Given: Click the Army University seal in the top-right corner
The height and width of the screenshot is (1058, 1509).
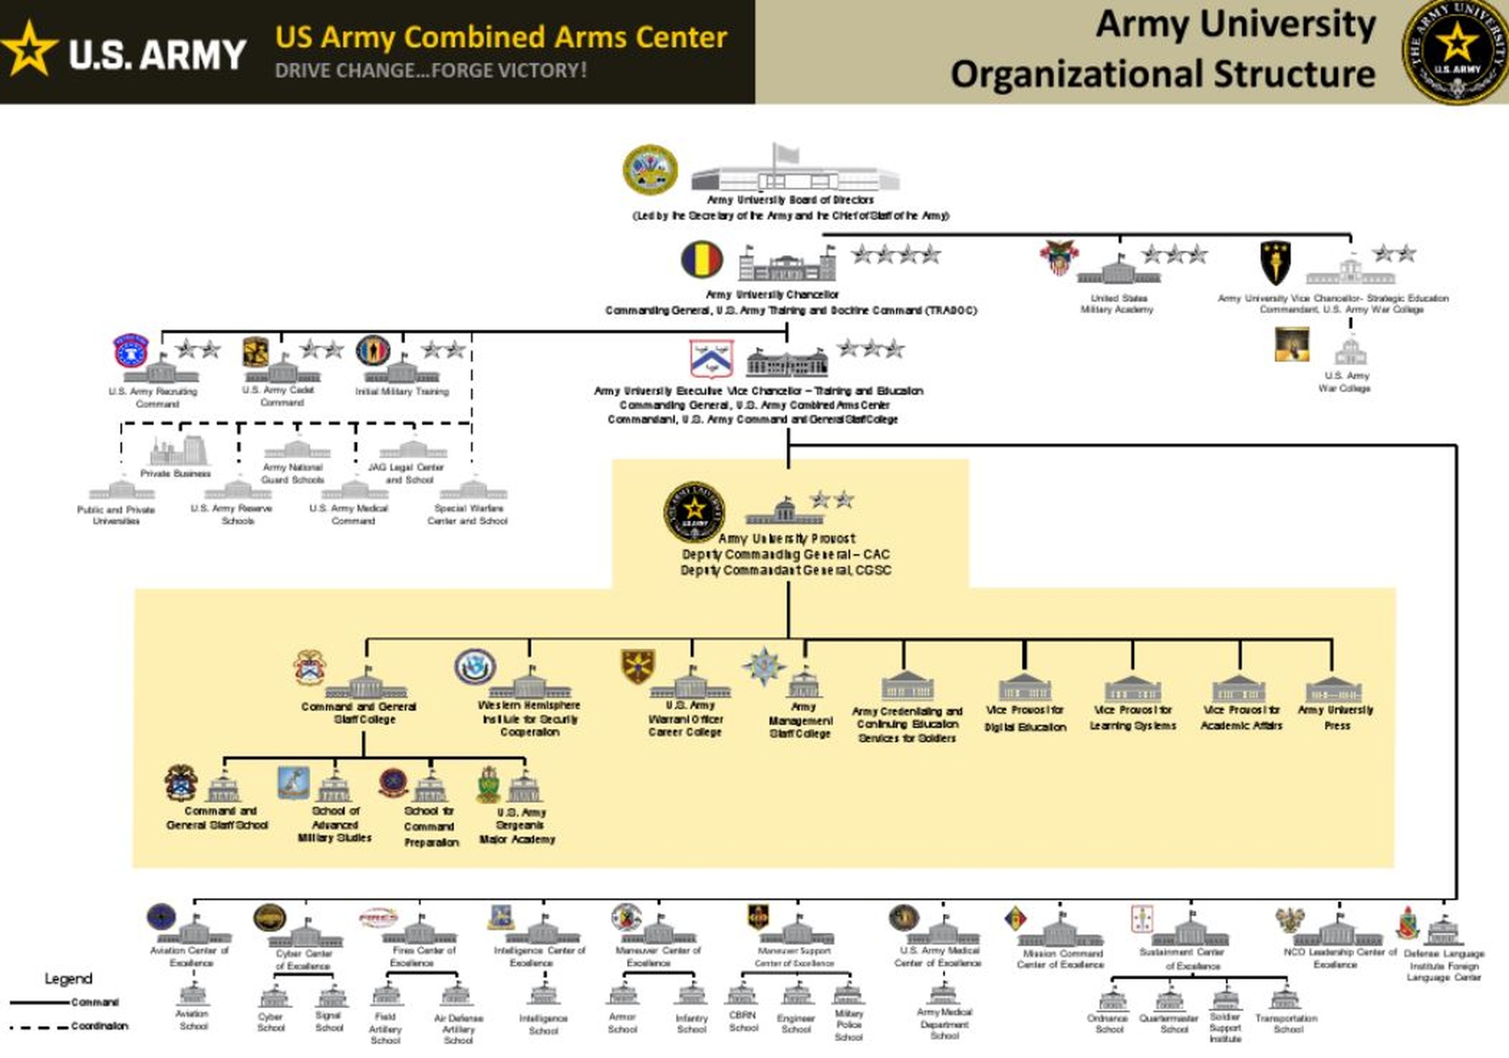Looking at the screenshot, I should point(1455,51).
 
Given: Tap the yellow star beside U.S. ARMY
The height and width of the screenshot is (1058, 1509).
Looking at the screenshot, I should point(29,50).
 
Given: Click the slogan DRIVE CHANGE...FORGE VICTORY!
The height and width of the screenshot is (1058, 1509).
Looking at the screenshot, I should point(430,71).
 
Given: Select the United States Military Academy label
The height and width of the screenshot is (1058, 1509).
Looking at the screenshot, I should point(1117,303).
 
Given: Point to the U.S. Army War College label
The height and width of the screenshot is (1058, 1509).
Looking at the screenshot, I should point(1345,382).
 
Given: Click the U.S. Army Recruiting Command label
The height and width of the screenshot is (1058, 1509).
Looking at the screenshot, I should point(154,398).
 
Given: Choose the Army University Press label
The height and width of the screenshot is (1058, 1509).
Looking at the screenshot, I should point(1335,717).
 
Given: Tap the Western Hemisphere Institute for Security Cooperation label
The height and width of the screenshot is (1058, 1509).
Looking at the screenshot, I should point(530,718).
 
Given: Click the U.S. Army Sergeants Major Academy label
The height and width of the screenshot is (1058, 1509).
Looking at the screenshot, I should point(518,826).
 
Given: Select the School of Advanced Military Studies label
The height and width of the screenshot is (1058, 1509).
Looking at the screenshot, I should point(335,824).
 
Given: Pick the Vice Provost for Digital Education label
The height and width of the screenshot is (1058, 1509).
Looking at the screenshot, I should point(1025,718).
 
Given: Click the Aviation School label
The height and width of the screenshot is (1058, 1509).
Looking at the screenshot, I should point(192,1020).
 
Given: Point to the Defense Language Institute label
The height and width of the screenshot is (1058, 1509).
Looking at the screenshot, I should point(1444,965).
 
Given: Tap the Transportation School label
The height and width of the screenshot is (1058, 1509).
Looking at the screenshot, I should point(1286,1023).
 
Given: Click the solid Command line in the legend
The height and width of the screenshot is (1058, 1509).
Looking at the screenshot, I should point(39,1003).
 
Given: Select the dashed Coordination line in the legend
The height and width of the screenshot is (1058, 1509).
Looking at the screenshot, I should point(39,1027).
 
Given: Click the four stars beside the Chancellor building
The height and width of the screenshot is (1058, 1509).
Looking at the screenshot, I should point(896,254).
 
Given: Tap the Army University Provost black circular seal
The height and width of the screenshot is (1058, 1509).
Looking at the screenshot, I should point(694,512).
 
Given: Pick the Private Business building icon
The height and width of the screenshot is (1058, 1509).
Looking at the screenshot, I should point(177,451).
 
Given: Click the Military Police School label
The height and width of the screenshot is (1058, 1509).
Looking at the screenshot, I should point(849,1025).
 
